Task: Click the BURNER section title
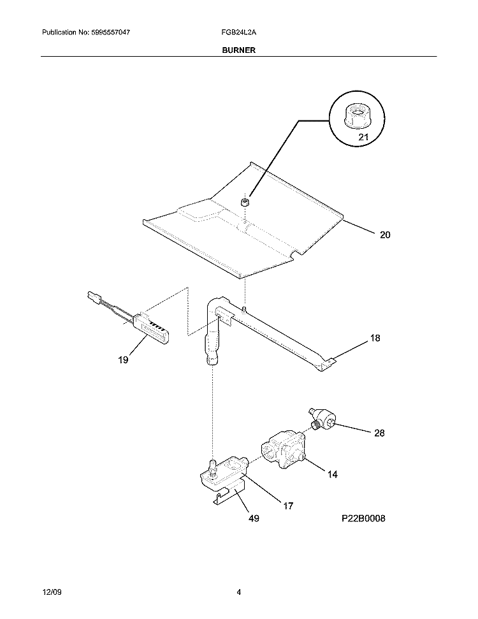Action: pos(238,50)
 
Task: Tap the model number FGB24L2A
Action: pos(238,33)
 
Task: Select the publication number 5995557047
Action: pos(110,33)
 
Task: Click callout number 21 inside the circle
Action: pos(363,137)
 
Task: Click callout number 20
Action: pos(385,235)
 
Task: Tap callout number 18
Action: pos(375,338)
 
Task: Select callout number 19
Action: pos(123,360)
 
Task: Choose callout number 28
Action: pos(379,433)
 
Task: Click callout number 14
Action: pos(332,474)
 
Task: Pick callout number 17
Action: pos(288,506)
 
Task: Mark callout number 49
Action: pos(254,518)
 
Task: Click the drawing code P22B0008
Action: pos(363,518)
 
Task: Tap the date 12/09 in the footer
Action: pos(52,592)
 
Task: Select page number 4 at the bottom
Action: pos(238,592)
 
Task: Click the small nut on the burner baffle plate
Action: pos(245,203)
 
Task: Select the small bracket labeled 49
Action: pos(229,495)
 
